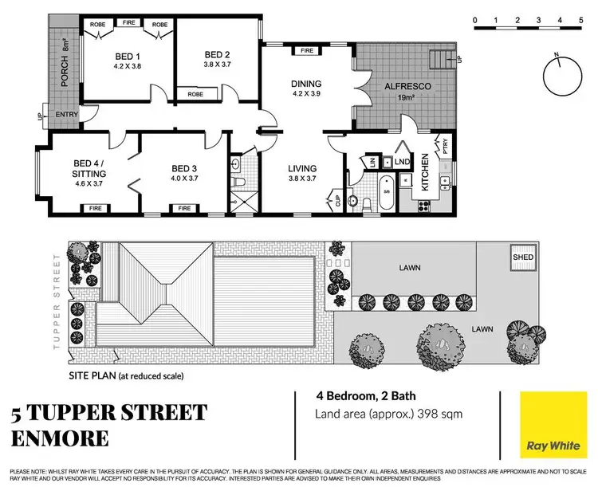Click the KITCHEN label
click(425, 170)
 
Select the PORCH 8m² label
click(67, 69)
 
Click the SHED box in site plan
click(523, 257)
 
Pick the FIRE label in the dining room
click(306, 51)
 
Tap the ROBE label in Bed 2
click(195, 94)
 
